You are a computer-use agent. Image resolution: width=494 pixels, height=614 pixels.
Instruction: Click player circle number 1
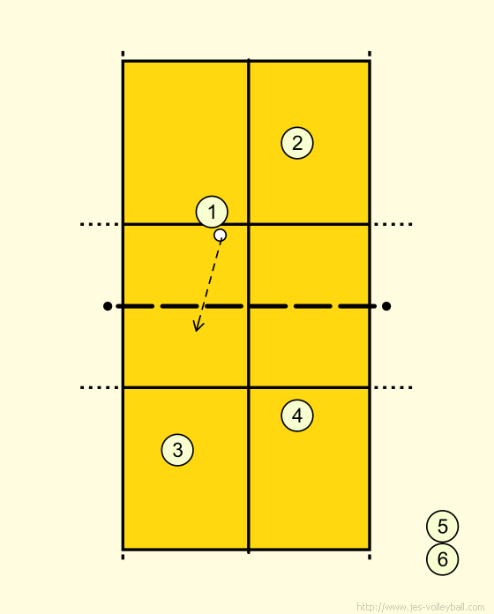point(212,212)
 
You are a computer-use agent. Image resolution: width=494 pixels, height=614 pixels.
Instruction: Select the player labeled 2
point(297,143)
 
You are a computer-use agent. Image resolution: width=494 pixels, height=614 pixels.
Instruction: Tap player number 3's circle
point(177,450)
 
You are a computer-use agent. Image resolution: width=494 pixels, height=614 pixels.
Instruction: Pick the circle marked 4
point(297,416)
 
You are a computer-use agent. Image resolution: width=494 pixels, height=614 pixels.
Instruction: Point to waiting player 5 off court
point(442,527)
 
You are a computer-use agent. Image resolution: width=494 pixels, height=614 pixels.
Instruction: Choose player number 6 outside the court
point(442,559)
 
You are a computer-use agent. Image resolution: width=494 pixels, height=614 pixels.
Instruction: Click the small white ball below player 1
point(220,235)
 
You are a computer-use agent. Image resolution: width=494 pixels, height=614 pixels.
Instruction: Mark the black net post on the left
point(108,306)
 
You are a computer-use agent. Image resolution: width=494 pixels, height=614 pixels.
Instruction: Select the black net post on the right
point(386,306)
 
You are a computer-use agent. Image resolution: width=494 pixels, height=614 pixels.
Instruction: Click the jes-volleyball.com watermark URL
point(421,607)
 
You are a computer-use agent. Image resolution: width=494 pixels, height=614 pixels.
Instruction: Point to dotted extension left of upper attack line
point(100,224)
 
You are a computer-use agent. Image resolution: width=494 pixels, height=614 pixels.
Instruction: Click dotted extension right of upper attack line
point(393,224)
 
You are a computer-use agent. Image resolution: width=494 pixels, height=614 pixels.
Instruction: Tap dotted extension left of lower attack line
point(100,387)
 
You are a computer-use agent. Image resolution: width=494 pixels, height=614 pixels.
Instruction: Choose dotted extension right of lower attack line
point(393,387)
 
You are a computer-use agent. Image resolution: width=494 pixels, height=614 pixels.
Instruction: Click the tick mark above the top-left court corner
point(123,54)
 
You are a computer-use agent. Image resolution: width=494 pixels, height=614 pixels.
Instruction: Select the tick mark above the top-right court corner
point(370,54)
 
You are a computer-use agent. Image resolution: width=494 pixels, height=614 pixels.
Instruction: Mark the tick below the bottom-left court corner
point(123,557)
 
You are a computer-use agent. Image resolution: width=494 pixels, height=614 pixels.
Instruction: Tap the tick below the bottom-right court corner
point(370,557)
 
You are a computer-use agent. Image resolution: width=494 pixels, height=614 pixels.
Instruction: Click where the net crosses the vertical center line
point(249,306)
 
